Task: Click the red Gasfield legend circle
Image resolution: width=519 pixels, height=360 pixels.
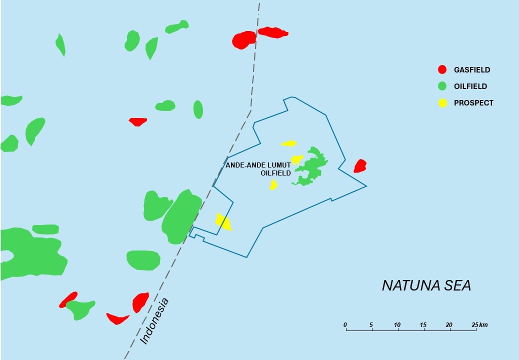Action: click(442, 69)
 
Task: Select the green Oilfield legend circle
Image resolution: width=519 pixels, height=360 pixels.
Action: click(442, 86)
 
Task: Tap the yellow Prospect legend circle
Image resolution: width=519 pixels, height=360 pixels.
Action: click(442, 103)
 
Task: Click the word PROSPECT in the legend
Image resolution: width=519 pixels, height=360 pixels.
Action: click(473, 103)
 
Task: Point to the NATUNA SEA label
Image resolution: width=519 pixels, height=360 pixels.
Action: click(426, 285)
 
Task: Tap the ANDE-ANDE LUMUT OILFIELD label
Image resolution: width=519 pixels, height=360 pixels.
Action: click(258, 169)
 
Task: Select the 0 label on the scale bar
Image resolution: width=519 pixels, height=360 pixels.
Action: click(345, 325)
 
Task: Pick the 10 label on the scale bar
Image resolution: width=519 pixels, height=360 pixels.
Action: click(397, 325)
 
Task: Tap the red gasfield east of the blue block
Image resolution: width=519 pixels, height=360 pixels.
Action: click(360, 166)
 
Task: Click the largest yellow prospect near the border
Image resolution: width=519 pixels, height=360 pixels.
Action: click(223, 221)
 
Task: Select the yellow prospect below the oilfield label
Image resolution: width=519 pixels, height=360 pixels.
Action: click(273, 185)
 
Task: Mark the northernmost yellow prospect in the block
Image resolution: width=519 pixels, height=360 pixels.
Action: click(288, 143)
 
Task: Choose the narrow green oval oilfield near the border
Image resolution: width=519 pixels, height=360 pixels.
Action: click(198, 109)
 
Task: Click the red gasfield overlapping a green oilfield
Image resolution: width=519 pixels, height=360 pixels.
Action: click(68, 300)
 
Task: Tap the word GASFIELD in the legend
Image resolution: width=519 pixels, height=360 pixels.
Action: click(472, 70)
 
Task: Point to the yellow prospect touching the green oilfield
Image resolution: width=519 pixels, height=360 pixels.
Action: click(296, 160)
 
